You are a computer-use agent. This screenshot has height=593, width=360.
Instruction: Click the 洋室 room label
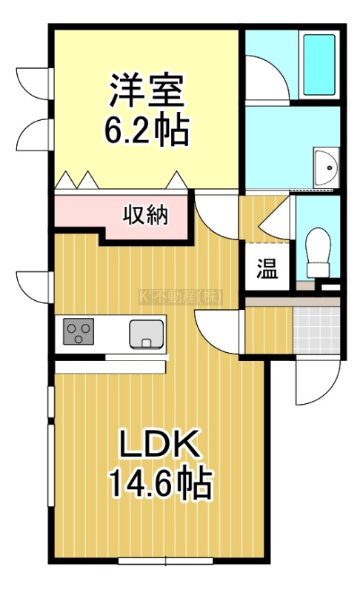[x=147, y=90]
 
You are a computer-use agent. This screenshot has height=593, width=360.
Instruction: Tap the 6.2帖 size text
[x=146, y=130]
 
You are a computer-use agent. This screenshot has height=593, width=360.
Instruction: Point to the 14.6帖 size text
[x=161, y=483]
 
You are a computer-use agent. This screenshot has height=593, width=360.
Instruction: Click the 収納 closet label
[x=145, y=216]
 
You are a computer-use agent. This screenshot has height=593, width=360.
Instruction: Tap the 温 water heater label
[x=267, y=269]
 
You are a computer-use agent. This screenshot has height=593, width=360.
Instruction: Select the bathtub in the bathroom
[x=319, y=64]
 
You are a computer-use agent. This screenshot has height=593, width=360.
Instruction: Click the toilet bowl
[x=318, y=252]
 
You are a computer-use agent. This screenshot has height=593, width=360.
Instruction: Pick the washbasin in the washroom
[x=327, y=168]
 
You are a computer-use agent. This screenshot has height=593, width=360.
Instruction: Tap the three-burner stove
[x=79, y=331]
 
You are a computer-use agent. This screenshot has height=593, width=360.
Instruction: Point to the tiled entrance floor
[x=316, y=330]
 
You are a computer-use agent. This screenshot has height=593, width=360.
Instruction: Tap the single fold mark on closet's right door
[x=176, y=179]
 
